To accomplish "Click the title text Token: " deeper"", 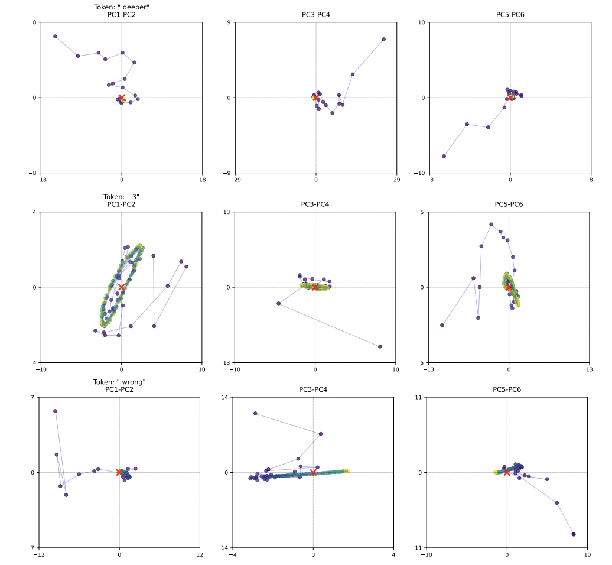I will (x=121, y=7).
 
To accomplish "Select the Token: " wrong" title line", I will (x=119, y=382).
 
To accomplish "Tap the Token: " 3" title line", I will (x=121, y=197).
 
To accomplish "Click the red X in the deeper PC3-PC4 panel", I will (x=315, y=98).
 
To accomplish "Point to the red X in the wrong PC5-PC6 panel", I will (x=507, y=472).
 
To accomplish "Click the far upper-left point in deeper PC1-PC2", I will (x=55, y=37).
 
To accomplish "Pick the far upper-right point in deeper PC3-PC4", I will (x=383, y=40).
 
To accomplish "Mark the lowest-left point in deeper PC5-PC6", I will (x=444, y=156).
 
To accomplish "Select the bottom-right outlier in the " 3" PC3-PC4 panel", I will (x=380, y=346).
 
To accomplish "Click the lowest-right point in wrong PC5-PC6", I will (x=573, y=534).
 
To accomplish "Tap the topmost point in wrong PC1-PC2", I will (x=55, y=411).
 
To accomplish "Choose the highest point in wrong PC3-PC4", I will (x=255, y=414).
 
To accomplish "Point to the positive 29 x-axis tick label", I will (x=396, y=180).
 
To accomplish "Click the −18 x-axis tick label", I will (x=41, y=180).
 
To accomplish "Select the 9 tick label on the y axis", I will (x=230, y=22).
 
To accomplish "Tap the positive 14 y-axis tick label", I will (x=226, y=397).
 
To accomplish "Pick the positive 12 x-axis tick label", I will (x=200, y=554).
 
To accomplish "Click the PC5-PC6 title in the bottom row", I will (x=507, y=389).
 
